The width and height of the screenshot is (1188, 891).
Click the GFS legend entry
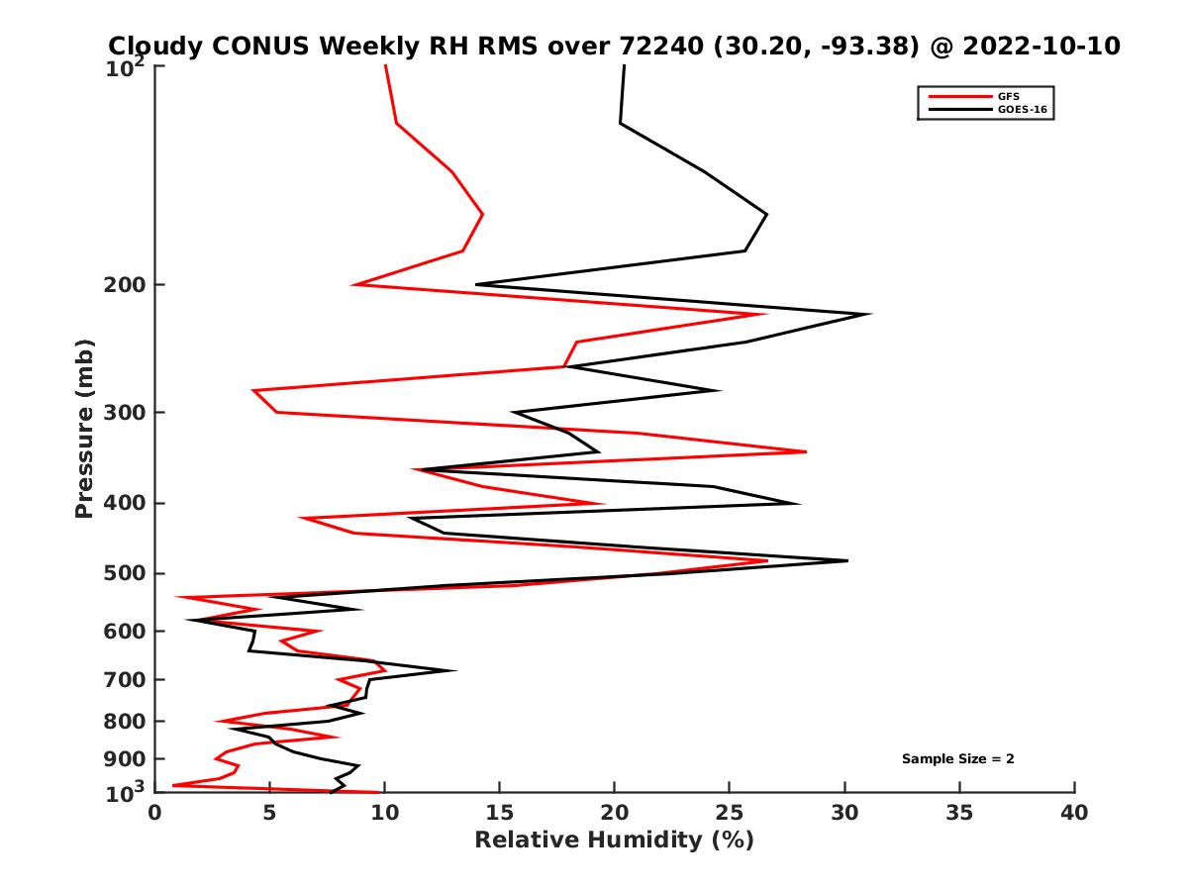(x=1008, y=96)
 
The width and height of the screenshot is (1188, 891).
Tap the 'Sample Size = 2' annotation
(x=957, y=759)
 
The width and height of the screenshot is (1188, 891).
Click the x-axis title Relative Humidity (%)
(x=614, y=841)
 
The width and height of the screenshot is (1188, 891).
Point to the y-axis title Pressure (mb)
(x=84, y=428)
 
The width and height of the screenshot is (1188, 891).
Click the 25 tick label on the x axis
(x=730, y=813)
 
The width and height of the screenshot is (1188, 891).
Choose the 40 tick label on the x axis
(x=1074, y=813)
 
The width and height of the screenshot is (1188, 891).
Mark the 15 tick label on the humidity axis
(x=500, y=813)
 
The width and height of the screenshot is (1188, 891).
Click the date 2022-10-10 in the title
(x=1043, y=46)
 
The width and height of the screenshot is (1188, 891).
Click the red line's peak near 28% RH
(x=806, y=451)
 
